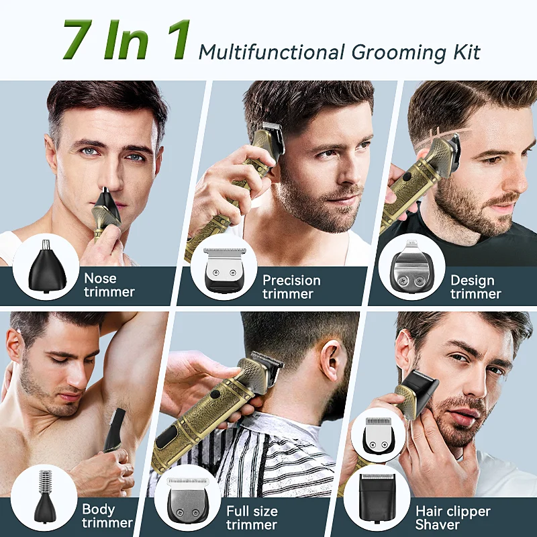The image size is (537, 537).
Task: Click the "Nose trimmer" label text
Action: pyautogui.click(x=109, y=285)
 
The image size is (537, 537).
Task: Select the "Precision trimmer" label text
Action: pyautogui.click(x=291, y=287)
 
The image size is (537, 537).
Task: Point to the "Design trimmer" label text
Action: pyautogui.click(x=475, y=287)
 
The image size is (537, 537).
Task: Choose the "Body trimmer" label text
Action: pyautogui.click(x=107, y=516)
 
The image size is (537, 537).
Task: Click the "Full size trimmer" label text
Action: pyautogui.click(x=251, y=518)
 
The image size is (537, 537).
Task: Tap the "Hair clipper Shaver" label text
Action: pyautogui.click(x=452, y=518)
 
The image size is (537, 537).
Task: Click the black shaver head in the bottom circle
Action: pyautogui.click(x=377, y=498)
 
